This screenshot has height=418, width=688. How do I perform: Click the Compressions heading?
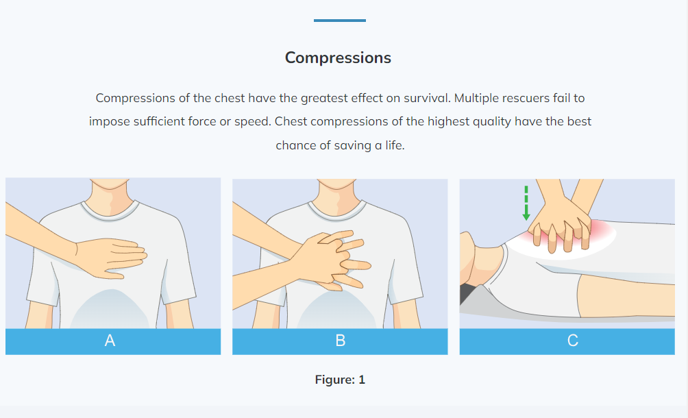(x=338, y=58)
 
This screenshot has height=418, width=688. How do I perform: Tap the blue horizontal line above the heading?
(x=340, y=20)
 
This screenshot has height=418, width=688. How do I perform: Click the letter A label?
(x=110, y=341)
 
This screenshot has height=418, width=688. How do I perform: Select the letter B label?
(x=340, y=341)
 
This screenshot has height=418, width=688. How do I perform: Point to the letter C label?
(x=572, y=341)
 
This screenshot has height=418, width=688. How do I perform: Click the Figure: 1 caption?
(x=340, y=380)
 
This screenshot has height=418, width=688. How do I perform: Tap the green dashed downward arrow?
(x=526, y=203)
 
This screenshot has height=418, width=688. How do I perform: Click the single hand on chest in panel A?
(x=111, y=258)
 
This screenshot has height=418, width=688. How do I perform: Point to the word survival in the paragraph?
(x=427, y=98)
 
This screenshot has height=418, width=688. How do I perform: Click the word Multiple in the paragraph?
(x=476, y=98)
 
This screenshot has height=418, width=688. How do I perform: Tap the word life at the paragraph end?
(x=395, y=145)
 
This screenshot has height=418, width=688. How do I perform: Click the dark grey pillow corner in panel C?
(x=468, y=293)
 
